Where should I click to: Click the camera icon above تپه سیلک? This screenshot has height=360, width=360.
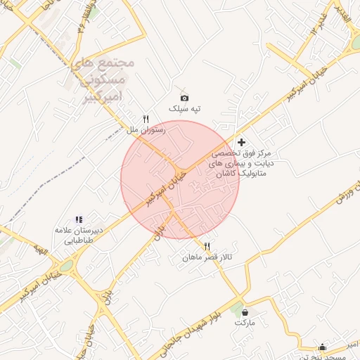click(184, 98)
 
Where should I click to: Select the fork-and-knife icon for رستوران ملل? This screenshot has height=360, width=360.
click(146, 119)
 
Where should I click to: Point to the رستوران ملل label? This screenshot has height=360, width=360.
click(146, 130)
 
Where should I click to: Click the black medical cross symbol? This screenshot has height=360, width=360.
click(242, 142)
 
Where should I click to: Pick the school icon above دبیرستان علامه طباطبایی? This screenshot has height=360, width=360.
click(79, 220)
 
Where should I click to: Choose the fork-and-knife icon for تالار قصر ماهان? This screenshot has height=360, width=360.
click(207, 247)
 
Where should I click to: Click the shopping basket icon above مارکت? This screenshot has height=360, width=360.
click(243, 311)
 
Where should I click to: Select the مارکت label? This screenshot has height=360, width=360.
click(243, 322)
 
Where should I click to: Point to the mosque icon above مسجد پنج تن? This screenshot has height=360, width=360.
click(322, 346)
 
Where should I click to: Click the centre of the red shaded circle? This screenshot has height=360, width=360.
click(180, 180)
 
